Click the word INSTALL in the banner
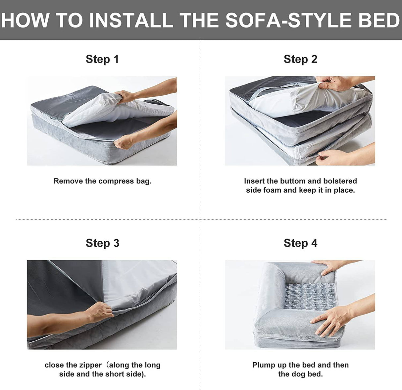pyautogui.click(x=131, y=20)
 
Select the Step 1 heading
pyautogui.click(x=102, y=59)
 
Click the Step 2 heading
pyautogui.click(x=300, y=59)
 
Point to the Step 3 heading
pyautogui.click(x=102, y=243)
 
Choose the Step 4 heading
pyautogui.click(x=300, y=243)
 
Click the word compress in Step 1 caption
pyautogui.click(x=116, y=181)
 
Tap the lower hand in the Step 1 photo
pyautogui.click(x=124, y=142)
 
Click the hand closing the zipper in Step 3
pyautogui.click(x=100, y=312)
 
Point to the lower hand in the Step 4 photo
pyautogui.click(x=330, y=321)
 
